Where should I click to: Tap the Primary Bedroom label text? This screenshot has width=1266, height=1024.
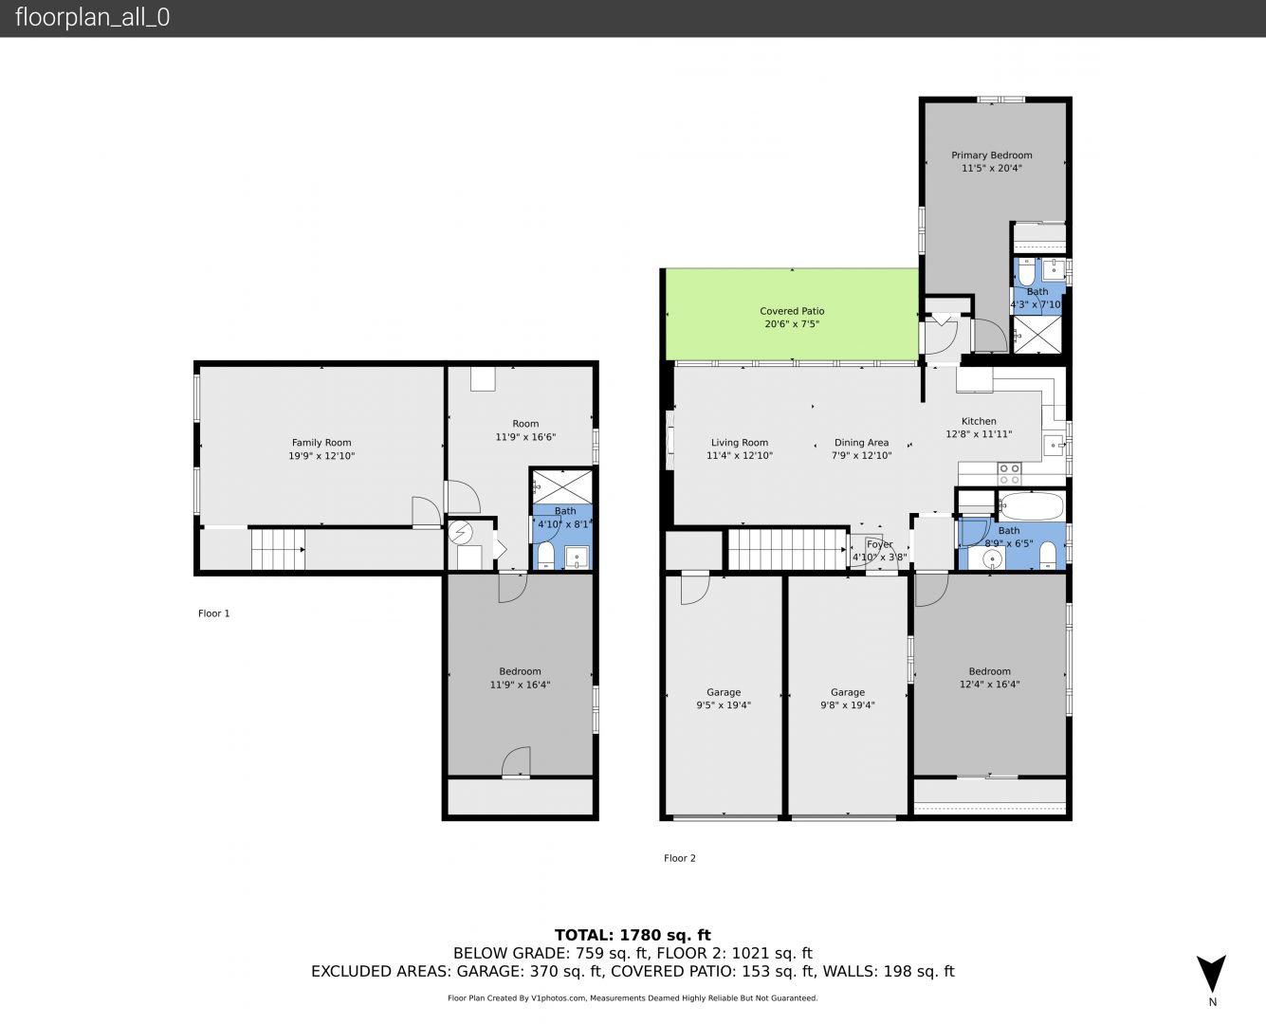tap(991, 155)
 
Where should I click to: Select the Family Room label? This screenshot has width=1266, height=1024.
tap(321, 443)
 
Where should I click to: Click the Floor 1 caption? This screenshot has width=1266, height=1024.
tap(213, 613)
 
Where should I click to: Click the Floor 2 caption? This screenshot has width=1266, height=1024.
tap(679, 858)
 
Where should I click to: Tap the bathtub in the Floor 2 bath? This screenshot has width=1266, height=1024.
tap(1031, 505)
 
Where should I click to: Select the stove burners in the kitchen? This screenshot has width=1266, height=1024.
tap(1009, 474)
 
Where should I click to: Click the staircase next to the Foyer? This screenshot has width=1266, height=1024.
tap(787, 549)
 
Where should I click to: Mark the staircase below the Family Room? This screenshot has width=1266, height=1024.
tap(278, 549)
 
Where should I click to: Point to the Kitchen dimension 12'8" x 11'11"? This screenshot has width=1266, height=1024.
tap(979, 434)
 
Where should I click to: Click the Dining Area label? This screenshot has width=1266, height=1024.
tap(861, 443)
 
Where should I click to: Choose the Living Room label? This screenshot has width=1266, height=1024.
tap(740, 443)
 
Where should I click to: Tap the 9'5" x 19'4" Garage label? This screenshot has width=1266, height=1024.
tap(724, 699)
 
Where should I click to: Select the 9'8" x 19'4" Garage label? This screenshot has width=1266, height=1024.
tap(848, 699)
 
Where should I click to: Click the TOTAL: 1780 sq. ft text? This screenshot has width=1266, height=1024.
tap(633, 936)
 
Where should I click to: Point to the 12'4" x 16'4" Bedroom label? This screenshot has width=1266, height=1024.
tap(990, 678)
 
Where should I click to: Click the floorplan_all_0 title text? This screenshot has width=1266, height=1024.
tap(93, 17)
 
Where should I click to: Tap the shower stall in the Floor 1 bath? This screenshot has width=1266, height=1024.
tap(561, 486)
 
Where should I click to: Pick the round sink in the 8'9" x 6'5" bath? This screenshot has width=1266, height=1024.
tap(991, 559)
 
